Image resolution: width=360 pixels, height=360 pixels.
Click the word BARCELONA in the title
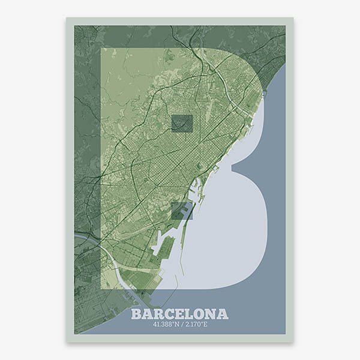[179, 314]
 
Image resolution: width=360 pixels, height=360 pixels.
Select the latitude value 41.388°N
[165, 326]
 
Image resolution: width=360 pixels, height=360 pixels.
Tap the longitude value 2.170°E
[195, 326]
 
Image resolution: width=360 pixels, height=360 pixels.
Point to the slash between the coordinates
[180, 326]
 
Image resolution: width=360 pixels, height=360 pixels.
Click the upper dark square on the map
[182, 123]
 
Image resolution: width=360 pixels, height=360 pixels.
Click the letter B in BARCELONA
[136, 314]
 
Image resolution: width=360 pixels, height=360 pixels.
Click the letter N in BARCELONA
[211, 314]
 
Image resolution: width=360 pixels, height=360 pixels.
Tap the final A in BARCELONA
[223, 314]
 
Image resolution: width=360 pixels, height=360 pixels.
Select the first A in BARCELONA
[147, 314]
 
